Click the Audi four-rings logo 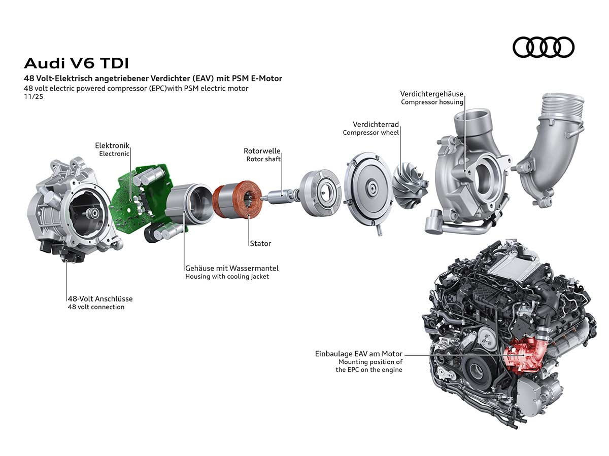click(x=543, y=47)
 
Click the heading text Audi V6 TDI click(x=76, y=63)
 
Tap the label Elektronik click(x=112, y=145)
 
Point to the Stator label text click(x=260, y=244)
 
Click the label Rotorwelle click(x=262, y=151)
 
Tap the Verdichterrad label click(x=376, y=124)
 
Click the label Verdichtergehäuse click(x=431, y=94)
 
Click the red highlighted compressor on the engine click(x=525, y=355)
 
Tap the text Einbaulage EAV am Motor click(x=358, y=354)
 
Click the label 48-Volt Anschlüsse click(x=100, y=299)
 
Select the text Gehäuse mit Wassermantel click(x=232, y=268)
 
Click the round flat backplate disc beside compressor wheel click(x=368, y=190)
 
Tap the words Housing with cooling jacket click(x=227, y=277)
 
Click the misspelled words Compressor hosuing click(x=432, y=102)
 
